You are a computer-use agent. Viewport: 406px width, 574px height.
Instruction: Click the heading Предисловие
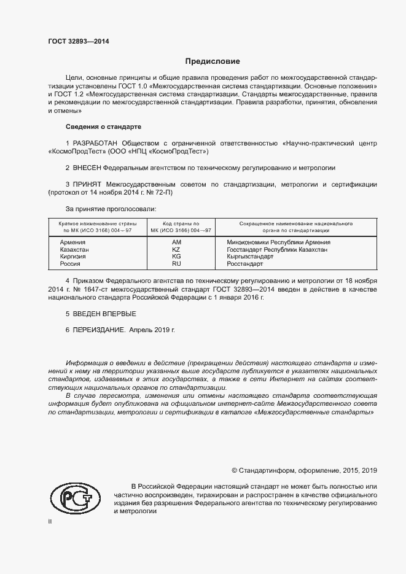pos(213,61)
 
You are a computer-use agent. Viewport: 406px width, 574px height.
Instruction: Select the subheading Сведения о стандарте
pos(103,126)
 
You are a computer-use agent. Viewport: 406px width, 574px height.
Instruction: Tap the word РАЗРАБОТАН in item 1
pos(97,143)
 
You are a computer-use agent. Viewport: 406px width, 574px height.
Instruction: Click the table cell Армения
pos(72,242)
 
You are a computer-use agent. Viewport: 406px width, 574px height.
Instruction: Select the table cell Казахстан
pos(74,250)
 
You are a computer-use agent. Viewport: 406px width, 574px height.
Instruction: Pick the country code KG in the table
pos(176,257)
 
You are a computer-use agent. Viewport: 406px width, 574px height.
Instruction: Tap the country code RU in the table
pos(176,264)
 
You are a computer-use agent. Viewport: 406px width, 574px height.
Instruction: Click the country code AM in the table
pos(176,242)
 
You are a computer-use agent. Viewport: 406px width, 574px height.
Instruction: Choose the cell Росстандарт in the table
pos(244,264)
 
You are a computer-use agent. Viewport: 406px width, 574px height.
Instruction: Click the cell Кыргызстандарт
pos(251,257)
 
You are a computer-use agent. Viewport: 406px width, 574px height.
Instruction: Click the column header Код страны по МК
pos(177,227)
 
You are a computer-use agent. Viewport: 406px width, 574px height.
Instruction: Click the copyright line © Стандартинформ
pos(304,470)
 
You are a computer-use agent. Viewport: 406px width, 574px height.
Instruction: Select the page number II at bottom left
pos(50,522)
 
